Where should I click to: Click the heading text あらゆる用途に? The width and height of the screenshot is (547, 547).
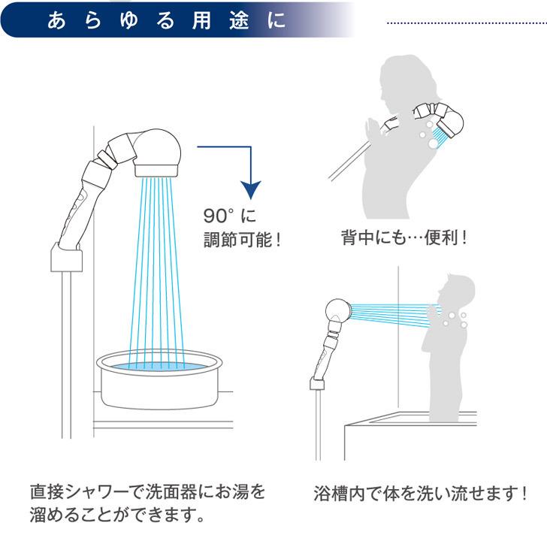pyautogui.click(x=166, y=20)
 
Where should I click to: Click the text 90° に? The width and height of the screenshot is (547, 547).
pyautogui.click(x=231, y=216)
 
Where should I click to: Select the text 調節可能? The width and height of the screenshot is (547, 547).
pyautogui.click(x=241, y=241)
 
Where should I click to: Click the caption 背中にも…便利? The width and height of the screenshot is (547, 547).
pyautogui.click(x=403, y=239)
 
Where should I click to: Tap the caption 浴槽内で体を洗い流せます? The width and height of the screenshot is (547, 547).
pyautogui.click(x=420, y=494)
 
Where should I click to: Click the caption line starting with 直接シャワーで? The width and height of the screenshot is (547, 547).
pyautogui.click(x=148, y=493)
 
